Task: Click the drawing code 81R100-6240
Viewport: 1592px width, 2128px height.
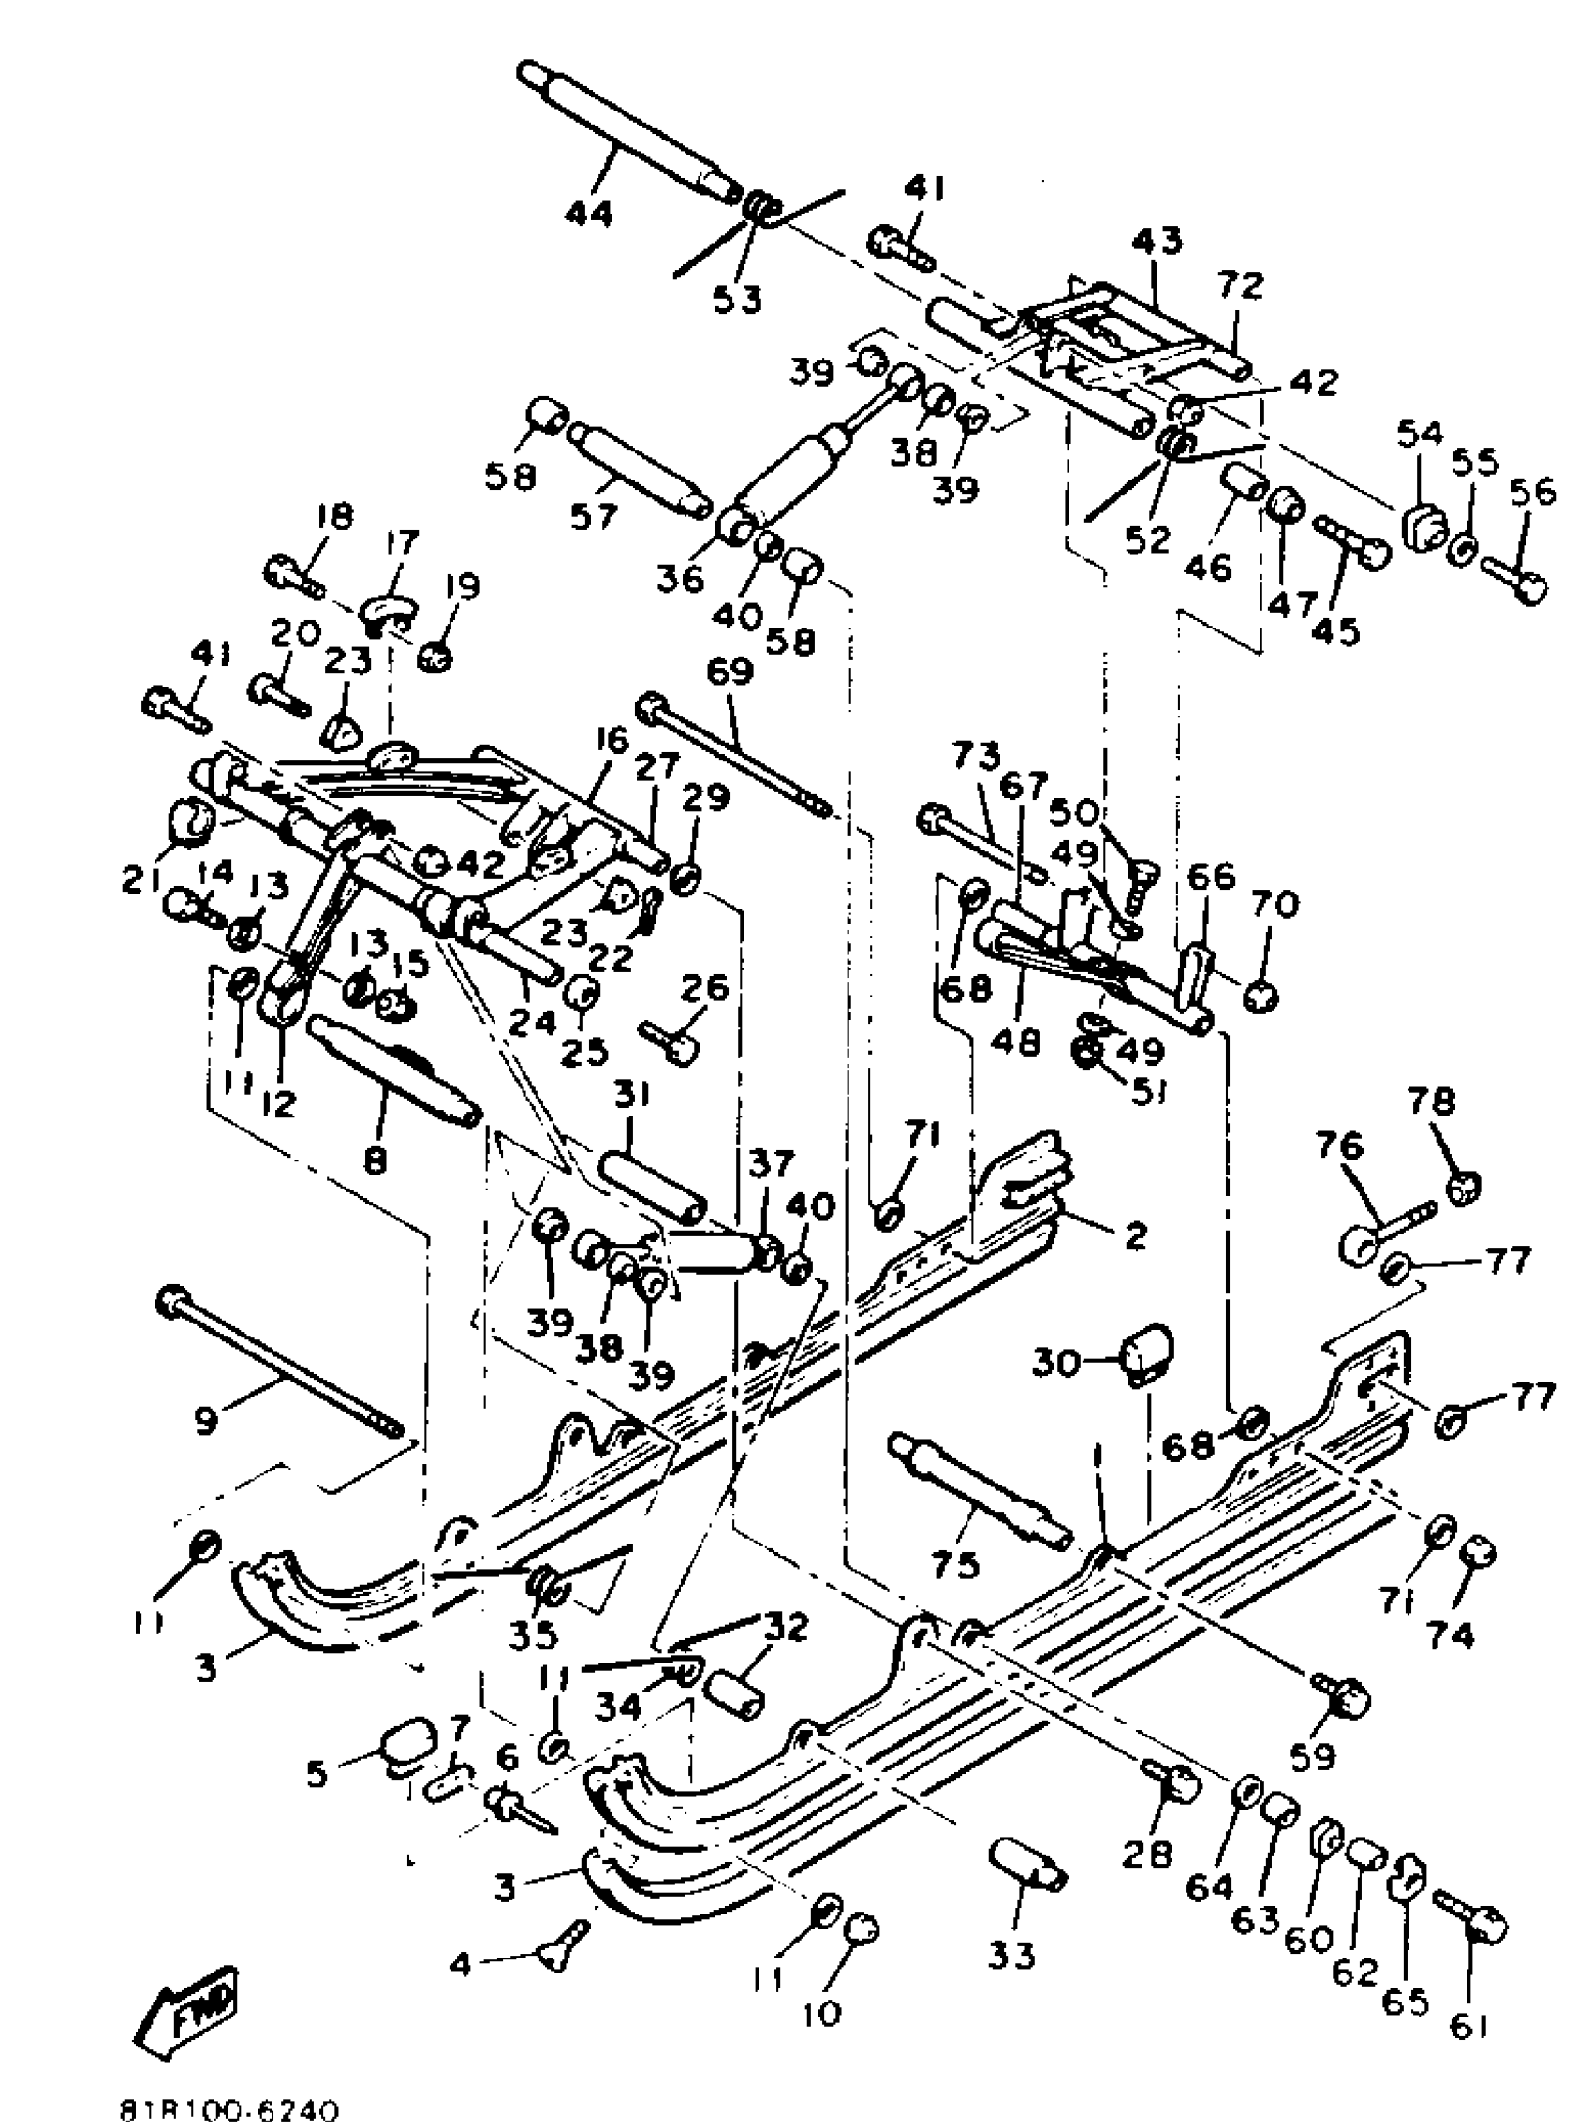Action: point(228,2111)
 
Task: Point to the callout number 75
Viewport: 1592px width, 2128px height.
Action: point(955,1565)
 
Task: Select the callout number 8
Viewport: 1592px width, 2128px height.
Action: point(375,1161)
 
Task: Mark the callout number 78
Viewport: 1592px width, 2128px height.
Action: point(1432,1102)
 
